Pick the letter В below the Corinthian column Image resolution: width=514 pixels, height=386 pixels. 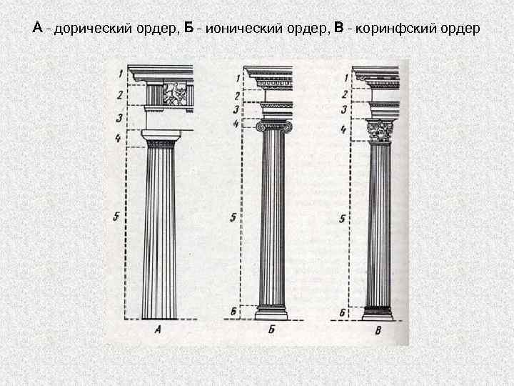coord(378,330)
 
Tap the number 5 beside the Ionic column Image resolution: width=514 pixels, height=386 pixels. coord(233,217)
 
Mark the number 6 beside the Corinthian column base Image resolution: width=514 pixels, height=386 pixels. coord(342,313)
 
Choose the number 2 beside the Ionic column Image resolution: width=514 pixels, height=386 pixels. coord(236,95)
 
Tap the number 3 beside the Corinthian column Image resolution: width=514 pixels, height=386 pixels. coord(343,109)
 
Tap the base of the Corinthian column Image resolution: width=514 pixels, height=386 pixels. coord(378,312)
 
